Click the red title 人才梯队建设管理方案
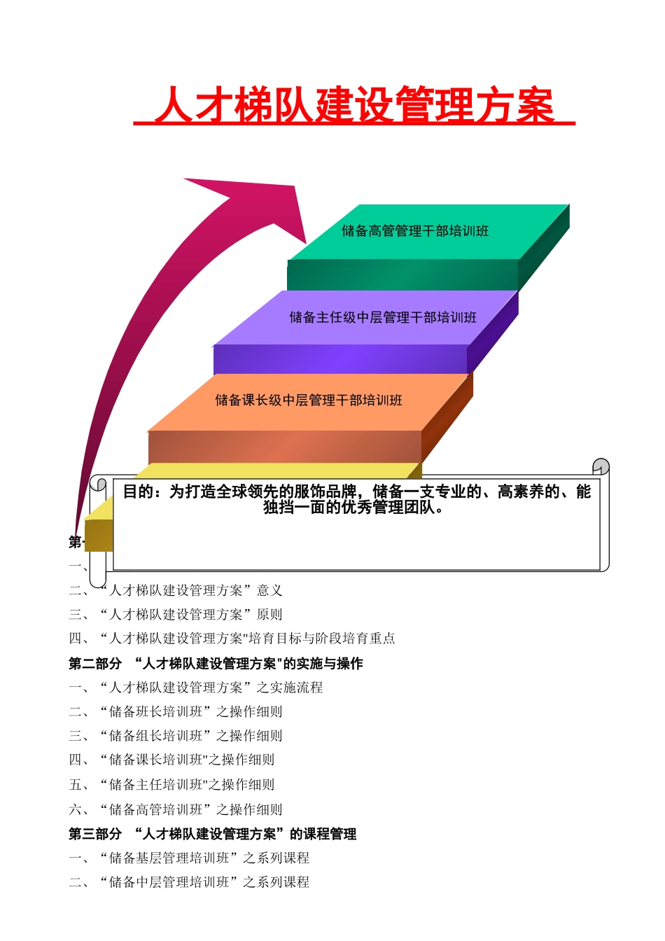354,106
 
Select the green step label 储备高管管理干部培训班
415,231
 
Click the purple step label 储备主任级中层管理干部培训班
383,318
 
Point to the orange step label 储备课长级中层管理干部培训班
309,400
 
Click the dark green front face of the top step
402,274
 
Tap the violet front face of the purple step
340,359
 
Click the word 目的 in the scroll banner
138,492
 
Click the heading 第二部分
95,663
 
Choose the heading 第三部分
95,834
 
